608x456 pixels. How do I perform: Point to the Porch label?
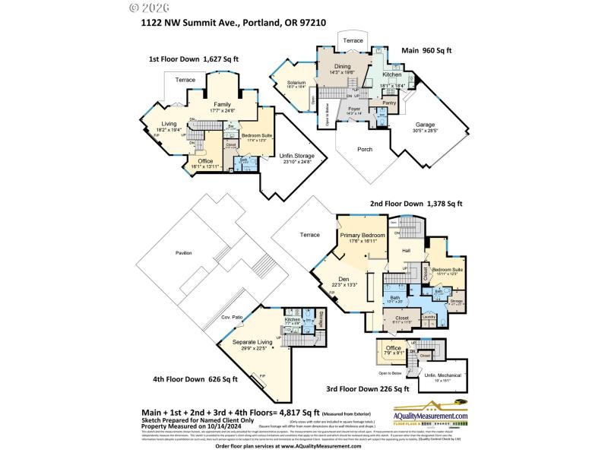[365, 149]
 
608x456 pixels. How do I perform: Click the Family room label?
[222, 104]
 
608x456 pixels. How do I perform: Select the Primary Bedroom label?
[363, 235]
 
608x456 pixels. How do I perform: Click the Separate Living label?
[248, 342]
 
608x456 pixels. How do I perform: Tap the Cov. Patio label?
[232, 316]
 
